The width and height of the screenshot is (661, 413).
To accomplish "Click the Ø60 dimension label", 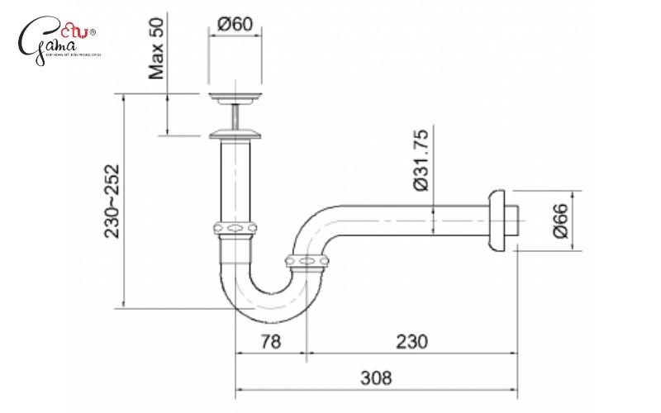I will click(x=235, y=26).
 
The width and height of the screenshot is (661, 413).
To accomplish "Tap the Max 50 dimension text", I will click(x=158, y=50).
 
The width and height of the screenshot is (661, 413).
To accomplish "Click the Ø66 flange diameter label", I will click(x=559, y=221).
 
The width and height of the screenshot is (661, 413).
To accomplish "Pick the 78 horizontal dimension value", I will click(x=271, y=341).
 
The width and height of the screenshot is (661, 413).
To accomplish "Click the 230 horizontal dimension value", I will click(x=411, y=341).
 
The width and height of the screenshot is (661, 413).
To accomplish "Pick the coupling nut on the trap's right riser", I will click(x=307, y=262).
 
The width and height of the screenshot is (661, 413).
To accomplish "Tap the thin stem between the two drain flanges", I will click(x=236, y=115).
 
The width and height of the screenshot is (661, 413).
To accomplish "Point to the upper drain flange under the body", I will click(x=235, y=99).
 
